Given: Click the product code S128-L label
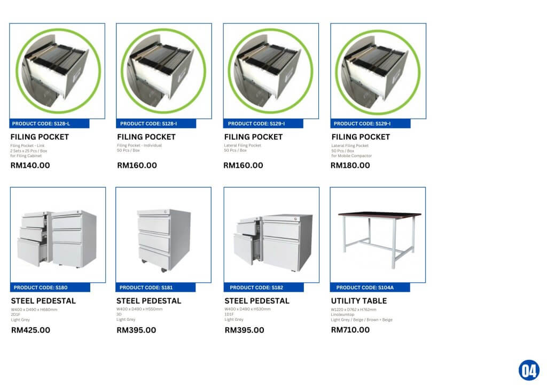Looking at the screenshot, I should (x=50, y=123).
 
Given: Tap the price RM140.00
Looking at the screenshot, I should (x=30, y=165).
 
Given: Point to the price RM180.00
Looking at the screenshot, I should (x=350, y=165).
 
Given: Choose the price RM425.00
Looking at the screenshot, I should (x=31, y=330).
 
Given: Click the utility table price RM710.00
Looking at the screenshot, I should (x=350, y=330).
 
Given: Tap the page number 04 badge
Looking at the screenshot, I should (x=528, y=370).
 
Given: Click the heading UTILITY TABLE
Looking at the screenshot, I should (x=359, y=301).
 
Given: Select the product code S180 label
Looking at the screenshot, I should (x=50, y=288).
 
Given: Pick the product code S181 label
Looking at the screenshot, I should (x=155, y=288).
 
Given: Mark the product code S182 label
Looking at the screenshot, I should (x=263, y=288).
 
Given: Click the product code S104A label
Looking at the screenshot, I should (x=370, y=288).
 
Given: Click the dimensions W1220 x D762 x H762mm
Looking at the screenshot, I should (x=354, y=309).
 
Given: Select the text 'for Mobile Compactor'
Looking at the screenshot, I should (x=351, y=156).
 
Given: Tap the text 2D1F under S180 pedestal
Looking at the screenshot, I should (x=16, y=314).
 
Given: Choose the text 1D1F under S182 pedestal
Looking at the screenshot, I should (x=230, y=314).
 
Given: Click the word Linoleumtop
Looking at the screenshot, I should (x=342, y=314).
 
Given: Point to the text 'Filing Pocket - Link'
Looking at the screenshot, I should (x=27, y=145).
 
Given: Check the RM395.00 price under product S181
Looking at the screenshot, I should (x=136, y=330).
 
